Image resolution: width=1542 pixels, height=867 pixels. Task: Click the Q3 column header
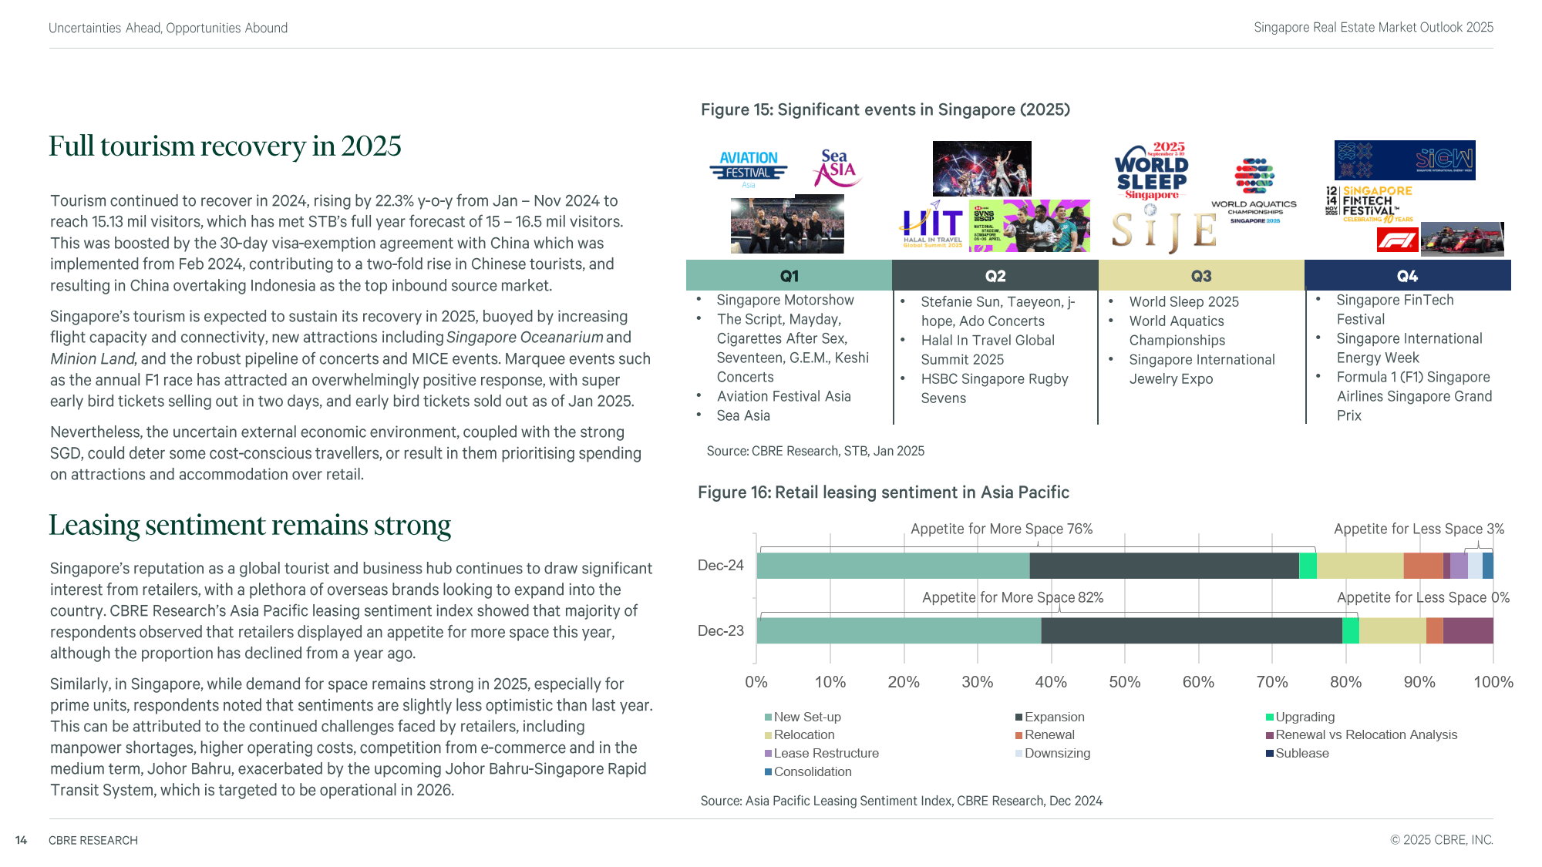1200,276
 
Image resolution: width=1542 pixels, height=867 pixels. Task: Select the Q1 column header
789,276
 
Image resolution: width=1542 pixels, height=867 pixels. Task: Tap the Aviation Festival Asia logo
749,169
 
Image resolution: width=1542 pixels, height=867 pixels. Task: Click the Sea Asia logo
836,168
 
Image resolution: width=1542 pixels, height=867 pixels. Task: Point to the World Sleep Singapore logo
1152,171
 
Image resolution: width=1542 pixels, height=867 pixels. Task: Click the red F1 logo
1397,240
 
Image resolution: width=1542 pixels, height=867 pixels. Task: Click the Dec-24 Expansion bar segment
1163,566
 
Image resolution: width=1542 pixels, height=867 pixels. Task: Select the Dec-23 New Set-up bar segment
898,630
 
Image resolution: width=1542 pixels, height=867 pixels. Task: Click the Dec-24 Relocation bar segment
1359,566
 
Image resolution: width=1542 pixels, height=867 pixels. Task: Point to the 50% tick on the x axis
1124,682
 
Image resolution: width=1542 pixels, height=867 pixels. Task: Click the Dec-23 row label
720,630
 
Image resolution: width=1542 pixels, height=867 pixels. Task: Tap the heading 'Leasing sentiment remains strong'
250,525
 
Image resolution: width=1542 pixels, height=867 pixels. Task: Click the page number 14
22,840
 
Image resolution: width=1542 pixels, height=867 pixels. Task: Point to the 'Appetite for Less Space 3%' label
1419,529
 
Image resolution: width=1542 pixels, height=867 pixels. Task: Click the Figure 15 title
885,109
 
